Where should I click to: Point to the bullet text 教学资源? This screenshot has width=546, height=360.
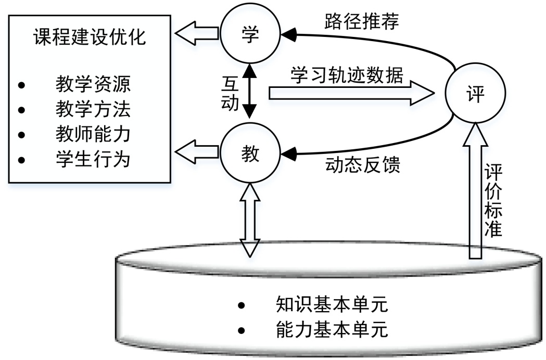pyautogui.click(x=93, y=83)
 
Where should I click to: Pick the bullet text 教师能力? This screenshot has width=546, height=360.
pyautogui.click(x=93, y=134)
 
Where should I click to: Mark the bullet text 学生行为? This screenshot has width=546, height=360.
pyautogui.click(x=93, y=158)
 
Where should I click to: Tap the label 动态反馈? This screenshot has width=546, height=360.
pyautogui.click(x=363, y=165)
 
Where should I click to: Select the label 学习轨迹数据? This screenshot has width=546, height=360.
pyautogui.click(x=347, y=76)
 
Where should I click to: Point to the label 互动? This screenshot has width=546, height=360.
pyautogui.click(x=230, y=94)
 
